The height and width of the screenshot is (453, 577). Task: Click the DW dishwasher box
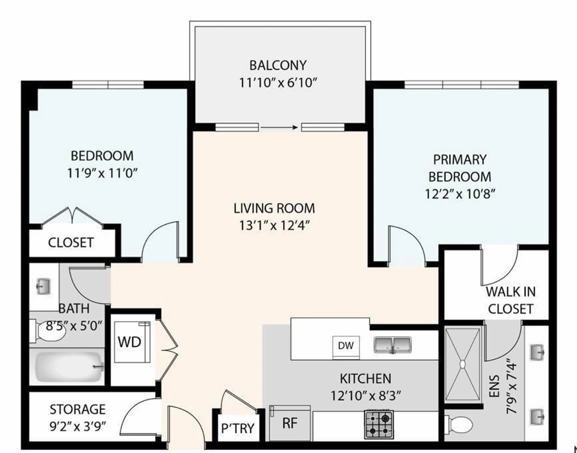[346, 346]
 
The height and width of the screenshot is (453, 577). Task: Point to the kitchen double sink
[392, 345]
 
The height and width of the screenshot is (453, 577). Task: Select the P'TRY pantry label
[238, 428]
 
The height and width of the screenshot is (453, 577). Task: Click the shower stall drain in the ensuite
[463, 364]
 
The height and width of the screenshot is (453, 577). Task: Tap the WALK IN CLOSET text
[510, 300]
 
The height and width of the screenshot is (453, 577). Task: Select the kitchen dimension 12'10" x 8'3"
[365, 396]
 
